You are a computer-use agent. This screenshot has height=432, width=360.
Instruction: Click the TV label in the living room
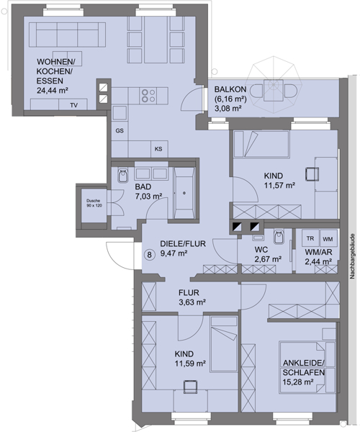[74, 105]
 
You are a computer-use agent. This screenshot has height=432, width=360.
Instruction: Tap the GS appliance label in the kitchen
[120, 130]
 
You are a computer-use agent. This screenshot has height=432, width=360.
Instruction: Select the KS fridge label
[158, 149]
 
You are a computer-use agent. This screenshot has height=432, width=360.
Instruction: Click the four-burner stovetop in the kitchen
[148, 95]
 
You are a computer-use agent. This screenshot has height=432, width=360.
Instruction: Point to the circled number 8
[149, 255]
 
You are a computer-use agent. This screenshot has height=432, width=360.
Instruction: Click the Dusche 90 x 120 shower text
[94, 203]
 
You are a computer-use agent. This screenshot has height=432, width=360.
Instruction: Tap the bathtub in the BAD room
[184, 192]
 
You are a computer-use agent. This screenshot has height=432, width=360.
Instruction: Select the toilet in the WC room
[278, 237]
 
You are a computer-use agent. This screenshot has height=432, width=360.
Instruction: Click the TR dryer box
[310, 238]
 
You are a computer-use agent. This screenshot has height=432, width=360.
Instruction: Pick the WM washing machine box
[328, 238]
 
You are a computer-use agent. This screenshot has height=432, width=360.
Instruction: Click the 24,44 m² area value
[53, 91]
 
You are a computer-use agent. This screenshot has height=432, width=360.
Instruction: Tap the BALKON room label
[230, 89]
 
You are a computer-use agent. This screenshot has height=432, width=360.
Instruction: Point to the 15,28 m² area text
[299, 382]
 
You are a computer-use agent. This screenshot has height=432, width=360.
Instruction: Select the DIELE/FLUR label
[183, 243]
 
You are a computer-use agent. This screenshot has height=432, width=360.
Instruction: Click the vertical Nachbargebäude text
[352, 256]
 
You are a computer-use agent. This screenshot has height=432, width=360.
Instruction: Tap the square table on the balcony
[274, 91]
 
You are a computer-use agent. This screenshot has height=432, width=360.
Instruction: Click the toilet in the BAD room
[122, 176]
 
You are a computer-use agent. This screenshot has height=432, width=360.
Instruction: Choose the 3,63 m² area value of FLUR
[192, 302]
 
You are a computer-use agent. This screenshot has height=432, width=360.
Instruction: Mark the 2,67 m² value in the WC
[268, 259]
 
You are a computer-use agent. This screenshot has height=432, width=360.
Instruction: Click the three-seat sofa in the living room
[67, 35]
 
